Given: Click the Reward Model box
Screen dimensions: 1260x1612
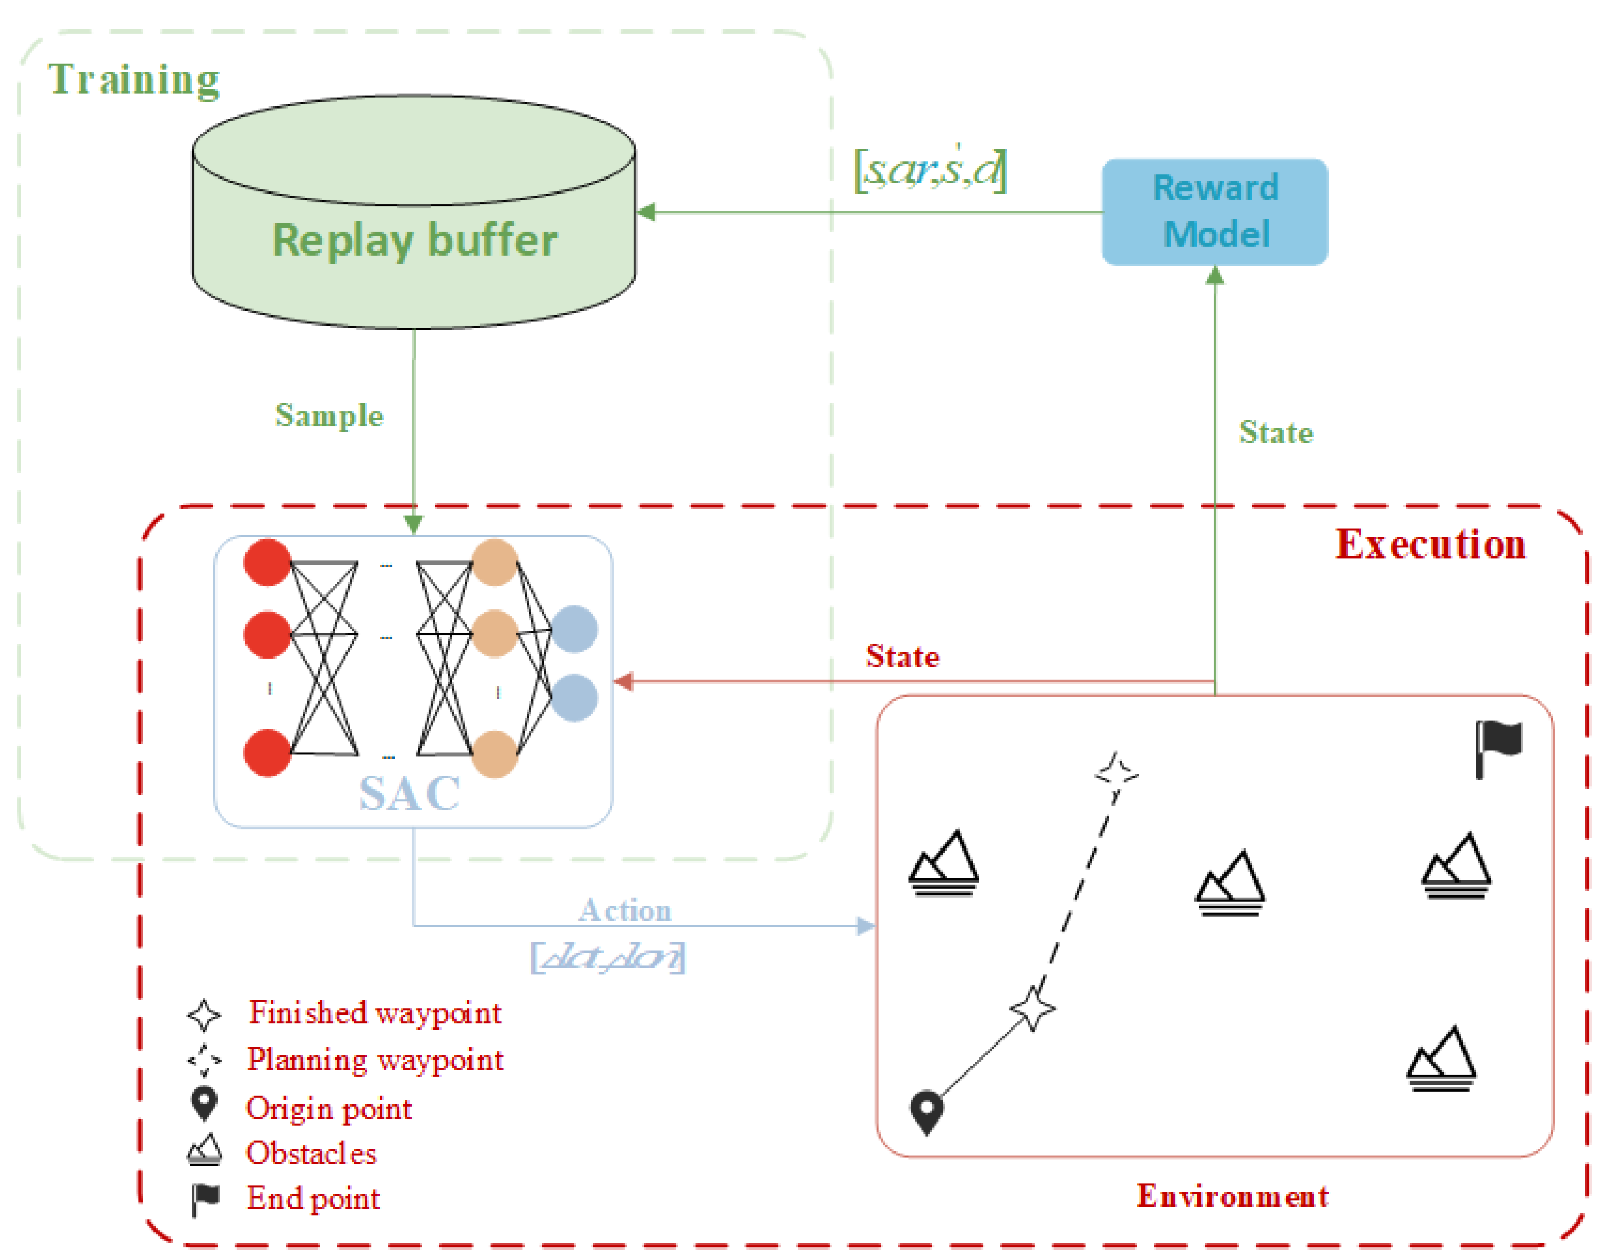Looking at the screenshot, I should [1215, 212].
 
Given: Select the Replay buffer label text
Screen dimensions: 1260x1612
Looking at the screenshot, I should [415, 240].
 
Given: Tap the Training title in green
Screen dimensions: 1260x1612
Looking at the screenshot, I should [134, 79].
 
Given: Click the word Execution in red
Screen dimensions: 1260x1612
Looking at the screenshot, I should [1430, 545].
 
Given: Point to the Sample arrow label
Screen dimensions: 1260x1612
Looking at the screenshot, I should [329, 415].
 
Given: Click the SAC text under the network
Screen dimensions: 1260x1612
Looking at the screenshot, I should [410, 793].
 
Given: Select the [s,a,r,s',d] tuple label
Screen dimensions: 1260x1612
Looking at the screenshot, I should [930, 170].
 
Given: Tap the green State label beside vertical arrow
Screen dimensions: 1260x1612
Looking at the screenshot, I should [1276, 432].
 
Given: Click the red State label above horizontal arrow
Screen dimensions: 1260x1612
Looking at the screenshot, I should [903, 656].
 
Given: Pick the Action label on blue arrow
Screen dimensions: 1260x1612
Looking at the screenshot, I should [625, 910].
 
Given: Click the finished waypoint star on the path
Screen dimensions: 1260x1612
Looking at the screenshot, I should [1032, 1008].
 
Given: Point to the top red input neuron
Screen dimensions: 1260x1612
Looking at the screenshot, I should [267, 562].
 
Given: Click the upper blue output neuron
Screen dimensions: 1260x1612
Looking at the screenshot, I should [574, 629].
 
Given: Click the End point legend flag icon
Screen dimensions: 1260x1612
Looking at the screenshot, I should [205, 1199].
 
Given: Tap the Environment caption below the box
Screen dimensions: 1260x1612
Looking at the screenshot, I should [1232, 1196].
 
